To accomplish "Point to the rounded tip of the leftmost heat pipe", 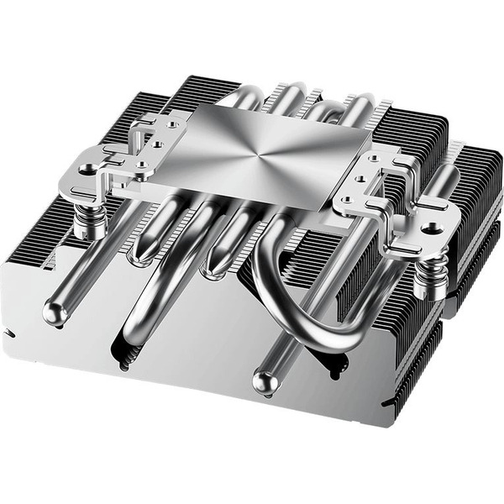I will click(55, 315).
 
